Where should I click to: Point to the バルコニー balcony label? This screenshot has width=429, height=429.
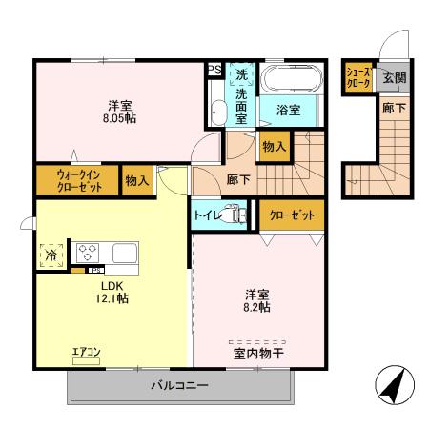pyautogui.click(x=178, y=386)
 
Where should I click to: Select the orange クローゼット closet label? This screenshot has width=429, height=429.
pyautogui.click(x=292, y=215)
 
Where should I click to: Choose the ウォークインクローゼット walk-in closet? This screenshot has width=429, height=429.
pyautogui.click(x=78, y=180)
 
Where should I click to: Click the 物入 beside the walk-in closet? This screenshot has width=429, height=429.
pyautogui.click(x=137, y=180)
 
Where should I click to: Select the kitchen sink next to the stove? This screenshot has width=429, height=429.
pyautogui.click(x=126, y=254)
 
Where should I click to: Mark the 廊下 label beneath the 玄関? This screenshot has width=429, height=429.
pyautogui.click(x=393, y=109)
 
